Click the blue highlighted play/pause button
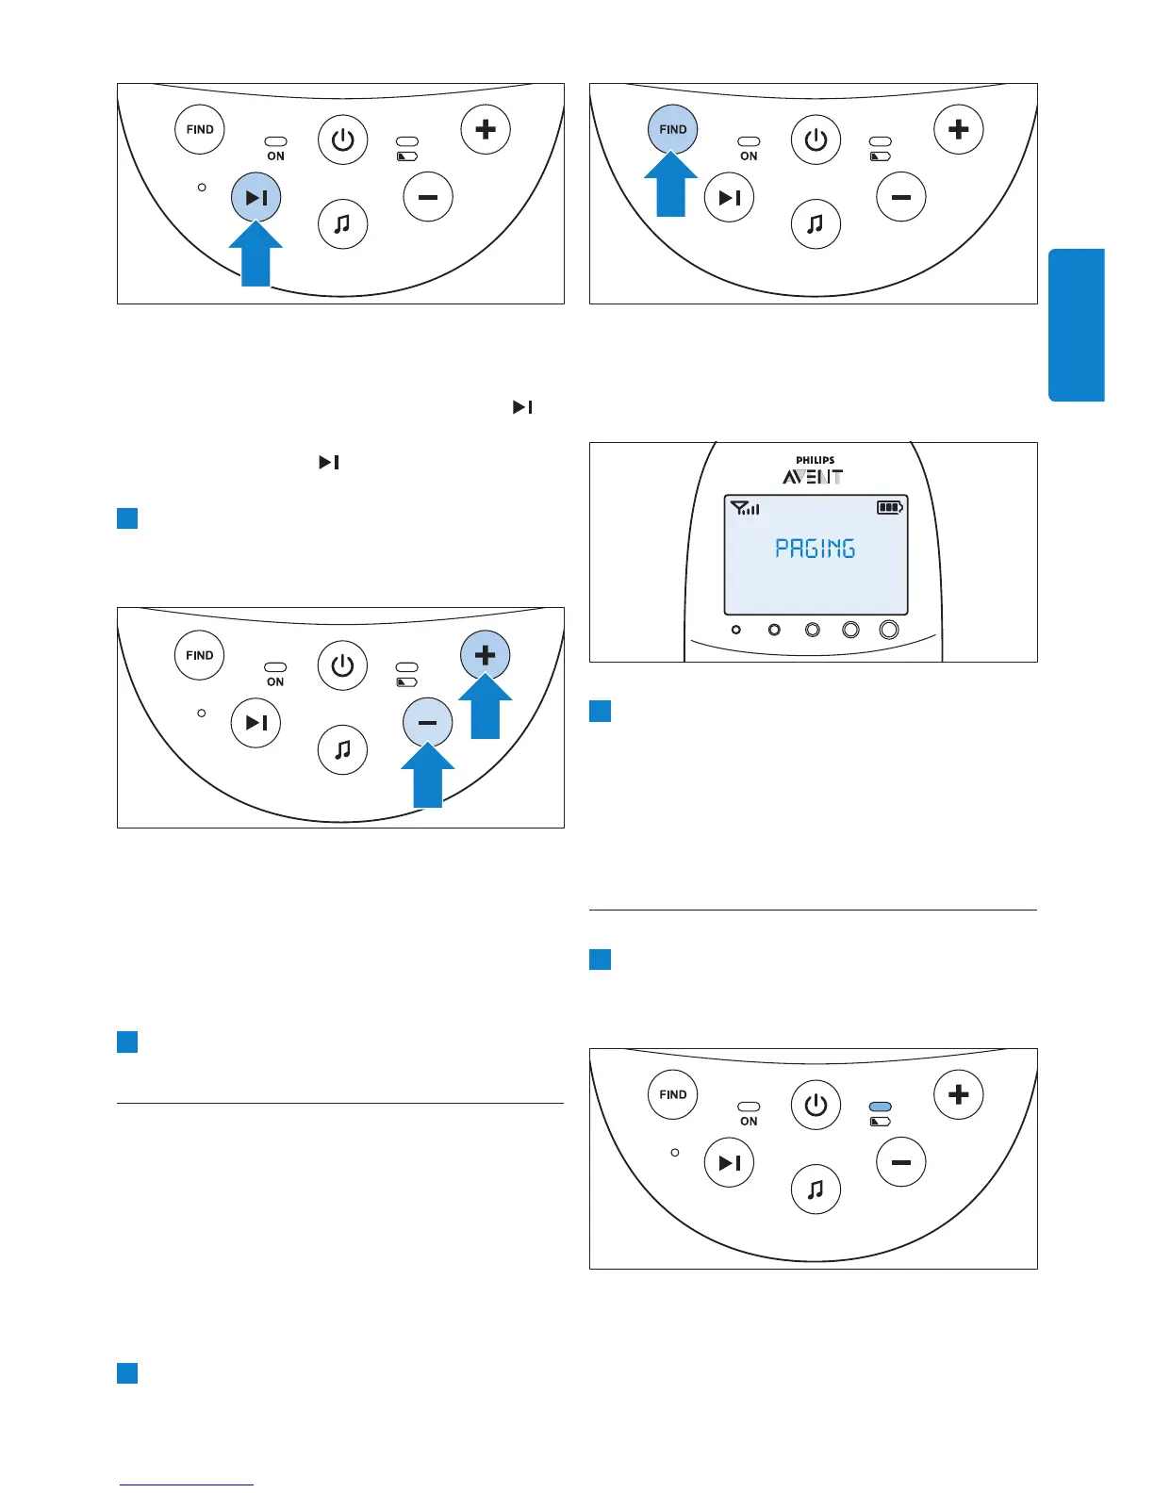(256, 197)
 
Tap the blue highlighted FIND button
(672, 129)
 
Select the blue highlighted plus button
(485, 655)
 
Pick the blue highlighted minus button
(427, 723)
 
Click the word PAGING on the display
(815, 549)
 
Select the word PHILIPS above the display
(815, 461)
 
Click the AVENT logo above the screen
(813, 477)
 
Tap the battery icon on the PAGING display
(889, 507)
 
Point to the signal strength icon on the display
(745, 508)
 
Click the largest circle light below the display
(888, 630)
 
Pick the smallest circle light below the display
(736, 630)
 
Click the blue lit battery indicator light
(880, 1107)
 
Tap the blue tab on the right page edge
(1076, 325)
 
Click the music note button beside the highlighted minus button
(342, 749)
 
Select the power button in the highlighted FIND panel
(815, 140)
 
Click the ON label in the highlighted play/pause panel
(275, 156)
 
